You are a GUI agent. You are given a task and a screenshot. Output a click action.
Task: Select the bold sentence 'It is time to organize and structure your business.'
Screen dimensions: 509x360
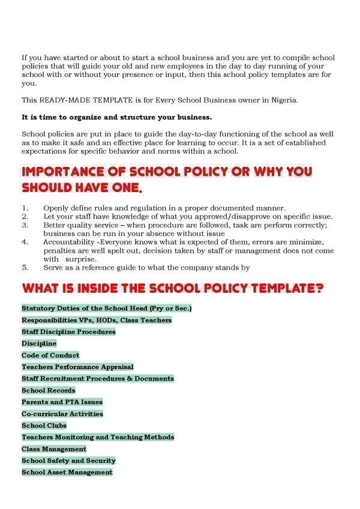(x=116, y=116)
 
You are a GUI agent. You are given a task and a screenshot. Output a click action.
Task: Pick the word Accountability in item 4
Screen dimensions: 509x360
(x=69, y=242)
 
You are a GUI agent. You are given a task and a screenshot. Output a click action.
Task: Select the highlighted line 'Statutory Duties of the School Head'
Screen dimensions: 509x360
(x=106, y=309)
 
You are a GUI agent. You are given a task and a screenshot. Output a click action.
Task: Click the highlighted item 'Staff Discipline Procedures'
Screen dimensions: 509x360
(x=68, y=332)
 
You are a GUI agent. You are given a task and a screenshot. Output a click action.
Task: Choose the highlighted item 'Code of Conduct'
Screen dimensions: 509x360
(x=50, y=355)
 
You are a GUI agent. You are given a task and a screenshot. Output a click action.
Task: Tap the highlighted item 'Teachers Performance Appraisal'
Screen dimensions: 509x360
(x=77, y=367)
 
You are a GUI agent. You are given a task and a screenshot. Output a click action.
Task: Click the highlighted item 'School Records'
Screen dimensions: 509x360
(x=49, y=390)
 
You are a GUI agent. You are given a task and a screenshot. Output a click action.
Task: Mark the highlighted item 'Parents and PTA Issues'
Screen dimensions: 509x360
(x=62, y=402)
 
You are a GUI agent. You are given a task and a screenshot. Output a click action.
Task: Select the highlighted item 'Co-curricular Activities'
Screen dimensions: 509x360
(x=62, y=414)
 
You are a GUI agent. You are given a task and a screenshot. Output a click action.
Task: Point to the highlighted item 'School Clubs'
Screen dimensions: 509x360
(x=44, y=426)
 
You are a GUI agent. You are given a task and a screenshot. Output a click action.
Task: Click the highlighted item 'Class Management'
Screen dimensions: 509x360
(x=54, y=449)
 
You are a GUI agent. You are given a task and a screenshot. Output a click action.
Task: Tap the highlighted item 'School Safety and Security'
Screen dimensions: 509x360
(x=68, y=460)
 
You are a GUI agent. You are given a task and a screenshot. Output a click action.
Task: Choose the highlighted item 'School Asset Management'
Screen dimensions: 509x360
(x=67, y=472)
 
